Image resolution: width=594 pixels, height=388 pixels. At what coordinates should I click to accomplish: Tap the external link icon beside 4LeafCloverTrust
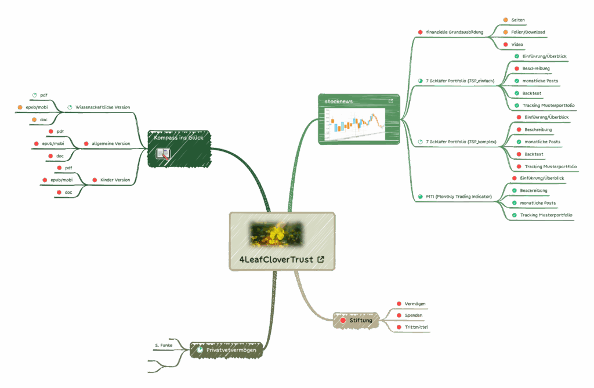tap(321, 259)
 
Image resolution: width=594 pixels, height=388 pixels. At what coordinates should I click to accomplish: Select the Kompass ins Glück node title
tap(178, 138)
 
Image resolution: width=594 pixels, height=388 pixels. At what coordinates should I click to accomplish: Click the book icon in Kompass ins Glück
tap(163, 154)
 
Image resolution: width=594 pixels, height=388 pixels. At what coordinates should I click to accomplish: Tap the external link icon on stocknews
tap(390, 101)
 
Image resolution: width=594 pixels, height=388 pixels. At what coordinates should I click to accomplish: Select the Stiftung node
tap(360, 320)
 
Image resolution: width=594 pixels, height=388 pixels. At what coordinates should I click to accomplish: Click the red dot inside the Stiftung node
tap(343, 320)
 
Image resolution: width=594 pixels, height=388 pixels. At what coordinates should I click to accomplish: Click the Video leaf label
tap(517, 45)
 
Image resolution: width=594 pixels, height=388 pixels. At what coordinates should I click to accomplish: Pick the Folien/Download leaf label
tap(528, 32)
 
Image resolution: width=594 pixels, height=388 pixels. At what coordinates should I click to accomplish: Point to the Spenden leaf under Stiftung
tap(414, 316)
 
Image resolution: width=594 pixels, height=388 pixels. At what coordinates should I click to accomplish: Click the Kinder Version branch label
tap(114, 180)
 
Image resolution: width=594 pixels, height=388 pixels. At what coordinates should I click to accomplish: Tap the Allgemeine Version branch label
tap(111, 143)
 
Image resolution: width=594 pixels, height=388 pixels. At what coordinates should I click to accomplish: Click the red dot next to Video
tap(506, 45)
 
